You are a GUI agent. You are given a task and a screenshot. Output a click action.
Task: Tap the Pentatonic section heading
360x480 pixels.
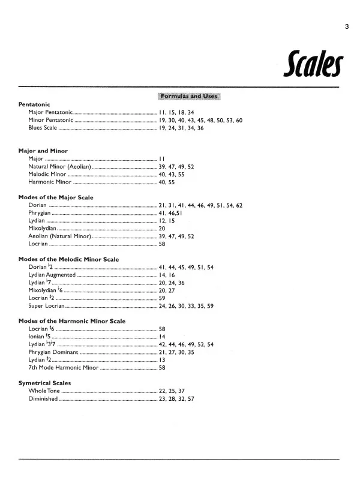point(34,104)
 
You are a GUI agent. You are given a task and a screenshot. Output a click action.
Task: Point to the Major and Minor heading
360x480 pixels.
point(43,150)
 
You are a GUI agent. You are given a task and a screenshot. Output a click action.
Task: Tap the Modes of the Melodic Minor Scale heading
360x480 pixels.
point(68,259)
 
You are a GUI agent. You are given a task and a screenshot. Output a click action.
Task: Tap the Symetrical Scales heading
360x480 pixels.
point(45,383)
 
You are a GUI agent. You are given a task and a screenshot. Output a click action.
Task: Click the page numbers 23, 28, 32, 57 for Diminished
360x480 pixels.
point(176,399)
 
